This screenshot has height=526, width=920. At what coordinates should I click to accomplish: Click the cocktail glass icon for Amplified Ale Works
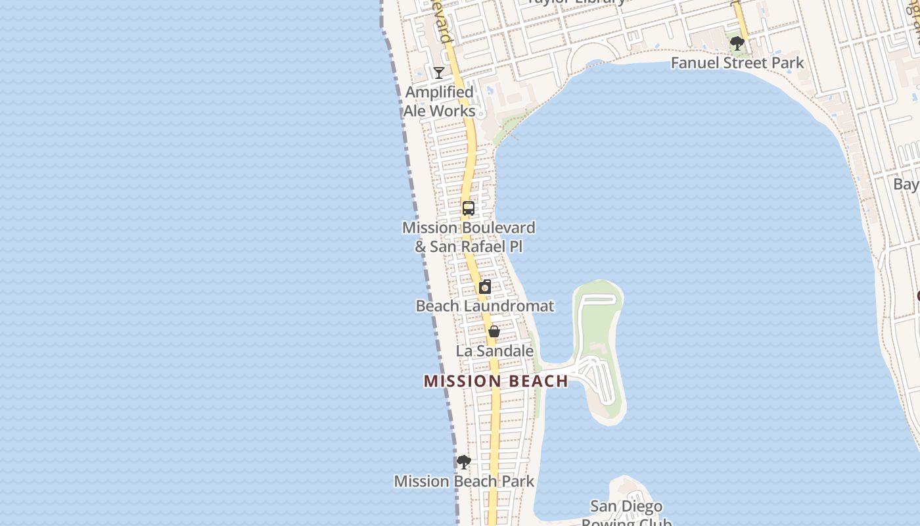point(439,72)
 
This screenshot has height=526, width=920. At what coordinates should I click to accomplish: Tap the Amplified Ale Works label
point(439,102)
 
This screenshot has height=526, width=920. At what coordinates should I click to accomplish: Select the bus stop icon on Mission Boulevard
point(469,208)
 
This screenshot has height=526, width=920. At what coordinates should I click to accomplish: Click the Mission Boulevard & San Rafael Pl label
point(469,237)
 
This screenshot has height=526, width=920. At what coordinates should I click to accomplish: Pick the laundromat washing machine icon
point(485,287)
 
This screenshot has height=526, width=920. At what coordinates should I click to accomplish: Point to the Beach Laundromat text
point(485,306)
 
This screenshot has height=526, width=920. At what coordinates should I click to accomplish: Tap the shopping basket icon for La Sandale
point(494,331)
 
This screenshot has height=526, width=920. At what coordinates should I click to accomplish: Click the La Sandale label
point(495,351)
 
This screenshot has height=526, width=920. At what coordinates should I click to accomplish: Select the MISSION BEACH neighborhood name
point(496,381)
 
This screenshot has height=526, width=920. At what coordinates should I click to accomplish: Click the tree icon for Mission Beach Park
point(464,462)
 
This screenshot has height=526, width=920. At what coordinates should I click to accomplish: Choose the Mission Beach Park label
point(464,481)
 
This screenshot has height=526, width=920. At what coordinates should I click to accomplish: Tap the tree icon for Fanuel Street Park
point(737,44)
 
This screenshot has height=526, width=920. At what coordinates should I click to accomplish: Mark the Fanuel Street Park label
point(737,63)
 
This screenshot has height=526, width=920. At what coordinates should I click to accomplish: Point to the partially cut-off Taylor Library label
point(577,2)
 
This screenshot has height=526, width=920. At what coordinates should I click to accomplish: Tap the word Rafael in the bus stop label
point(484,247)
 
